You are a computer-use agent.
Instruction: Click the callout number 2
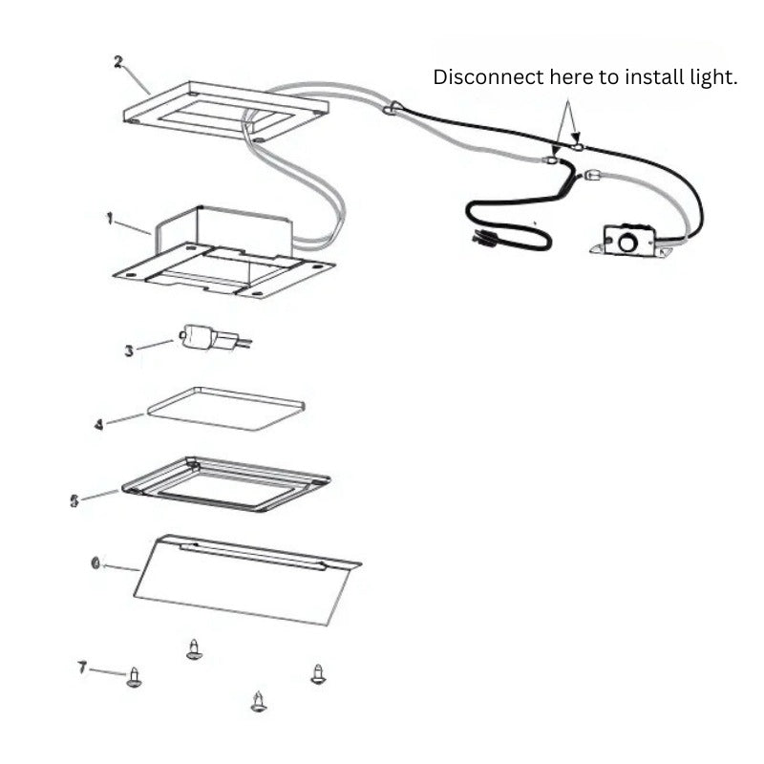[118, 62]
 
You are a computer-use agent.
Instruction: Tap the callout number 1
[110, 219]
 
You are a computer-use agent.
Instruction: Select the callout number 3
[129, 350]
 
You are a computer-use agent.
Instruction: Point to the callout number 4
[99, 424]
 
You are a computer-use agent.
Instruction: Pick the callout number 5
[74, 500]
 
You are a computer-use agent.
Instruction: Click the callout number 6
[96, 563]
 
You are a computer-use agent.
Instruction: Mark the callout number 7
[82, 668]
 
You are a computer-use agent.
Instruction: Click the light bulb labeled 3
[214, 338]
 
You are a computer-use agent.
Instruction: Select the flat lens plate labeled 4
[226, 409]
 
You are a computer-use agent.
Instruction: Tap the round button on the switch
[626, 243]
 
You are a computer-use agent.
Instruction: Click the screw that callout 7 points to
[134, 678]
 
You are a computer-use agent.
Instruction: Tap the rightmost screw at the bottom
[318, 674]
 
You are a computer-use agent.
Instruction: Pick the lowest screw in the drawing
[259, 702]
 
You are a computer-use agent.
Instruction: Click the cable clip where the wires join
[392, 108]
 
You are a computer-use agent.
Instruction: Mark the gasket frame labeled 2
[225, 112]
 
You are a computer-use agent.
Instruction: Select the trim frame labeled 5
[226, 484]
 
